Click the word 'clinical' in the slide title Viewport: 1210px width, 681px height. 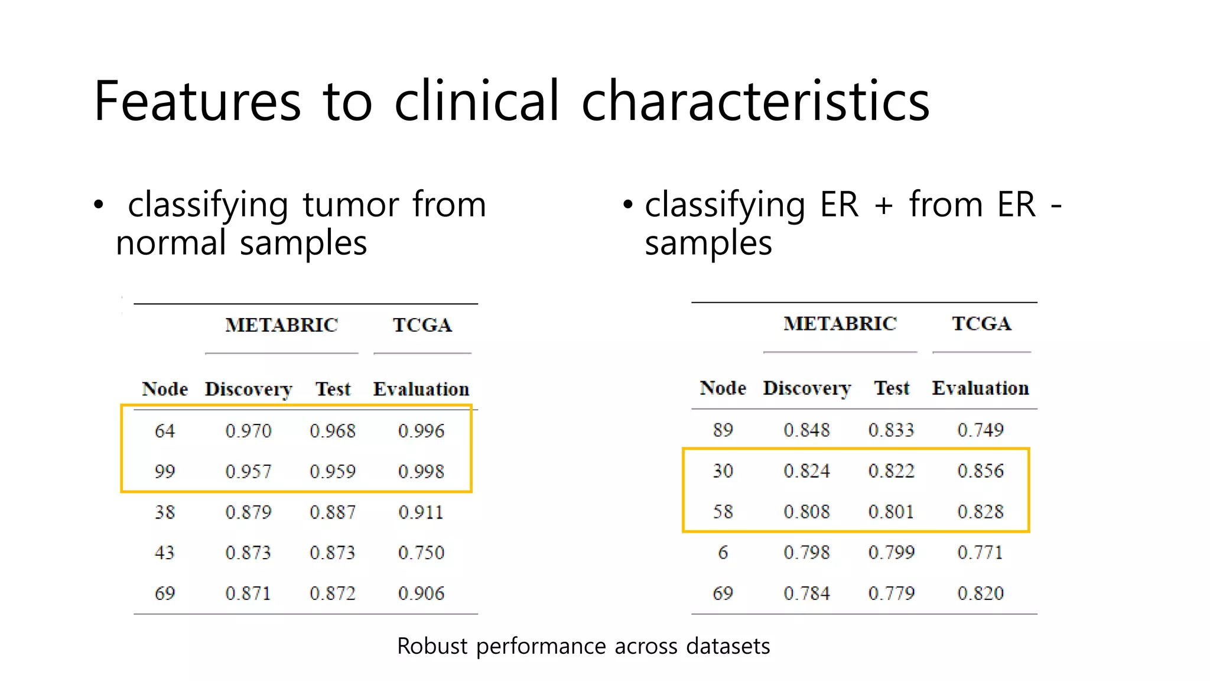coord(476,101)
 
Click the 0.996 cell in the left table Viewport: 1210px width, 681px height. coord(421,431)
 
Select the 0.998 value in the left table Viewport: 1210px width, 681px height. coord(421,472)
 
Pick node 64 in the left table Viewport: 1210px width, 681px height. coord(165,431)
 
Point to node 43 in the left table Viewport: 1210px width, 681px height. coord(165,553)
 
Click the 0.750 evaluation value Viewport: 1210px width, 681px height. coord(421,553)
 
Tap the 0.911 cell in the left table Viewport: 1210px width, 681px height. coord(421,512)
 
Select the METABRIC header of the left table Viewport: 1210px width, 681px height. coord(281,325)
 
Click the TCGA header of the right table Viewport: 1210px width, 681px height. coord(981,324)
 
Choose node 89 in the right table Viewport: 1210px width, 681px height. coord(723,430)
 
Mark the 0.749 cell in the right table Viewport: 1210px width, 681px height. coord(980,430)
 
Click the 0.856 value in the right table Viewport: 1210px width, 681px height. coord(980,471)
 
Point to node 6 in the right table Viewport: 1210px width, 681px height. coord(723,552)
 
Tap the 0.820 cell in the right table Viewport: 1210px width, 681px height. coord(980,593)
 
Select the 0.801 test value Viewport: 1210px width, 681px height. coord(891,511)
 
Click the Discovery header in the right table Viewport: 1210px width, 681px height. coord(807,388)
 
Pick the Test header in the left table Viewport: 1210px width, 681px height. coord(333,389)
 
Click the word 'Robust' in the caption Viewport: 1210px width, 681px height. coord(432,646)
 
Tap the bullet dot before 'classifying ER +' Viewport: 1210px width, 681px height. coord(627,205)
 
